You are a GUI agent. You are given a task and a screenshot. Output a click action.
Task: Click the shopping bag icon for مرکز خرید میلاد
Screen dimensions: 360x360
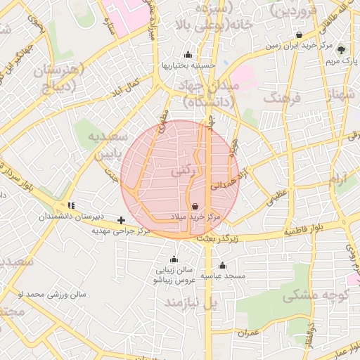[x=194, y=207]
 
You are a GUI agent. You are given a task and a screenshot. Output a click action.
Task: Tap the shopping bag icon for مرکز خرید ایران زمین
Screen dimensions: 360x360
[x=300, y=34]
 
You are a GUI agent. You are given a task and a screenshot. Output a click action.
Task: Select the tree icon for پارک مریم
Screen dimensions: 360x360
[x=342, y=49]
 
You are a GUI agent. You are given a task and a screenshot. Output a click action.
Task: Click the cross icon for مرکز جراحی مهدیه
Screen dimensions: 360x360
[x=122, y=220]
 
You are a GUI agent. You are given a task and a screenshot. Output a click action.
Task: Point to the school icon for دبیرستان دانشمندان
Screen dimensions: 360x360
[x=70, y=205]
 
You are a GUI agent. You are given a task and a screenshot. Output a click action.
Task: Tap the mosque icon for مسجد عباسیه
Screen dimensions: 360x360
[x=222, y=265]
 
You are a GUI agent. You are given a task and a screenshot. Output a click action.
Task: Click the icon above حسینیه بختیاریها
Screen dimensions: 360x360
[x=188, y=55]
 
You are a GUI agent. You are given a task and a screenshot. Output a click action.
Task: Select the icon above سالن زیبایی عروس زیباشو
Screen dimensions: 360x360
[x=173, y=259]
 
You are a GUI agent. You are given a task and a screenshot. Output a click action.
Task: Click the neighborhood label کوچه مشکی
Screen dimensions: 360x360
[x=316, y=296]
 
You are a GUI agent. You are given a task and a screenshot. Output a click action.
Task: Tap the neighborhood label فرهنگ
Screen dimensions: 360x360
[x=281, y=98]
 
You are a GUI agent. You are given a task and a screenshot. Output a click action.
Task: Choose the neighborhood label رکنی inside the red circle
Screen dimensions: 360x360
[x=180, y=171]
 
